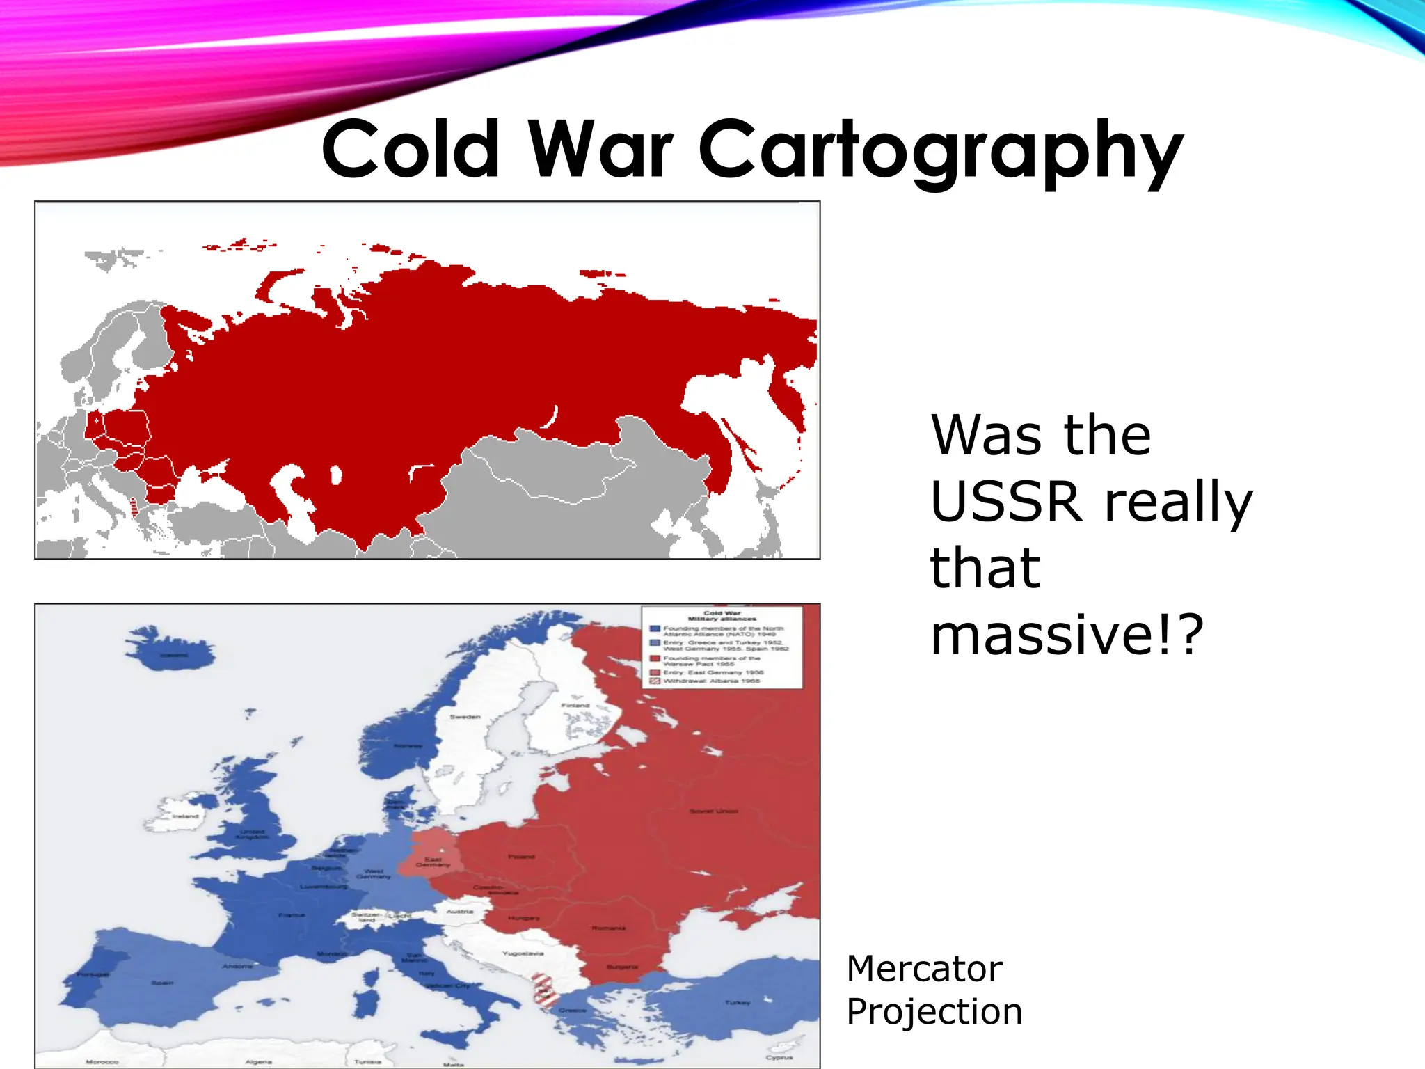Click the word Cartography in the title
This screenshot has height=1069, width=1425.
point(940,150)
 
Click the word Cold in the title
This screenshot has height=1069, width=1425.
point(411,150)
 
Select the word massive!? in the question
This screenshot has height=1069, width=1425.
point(1067,634)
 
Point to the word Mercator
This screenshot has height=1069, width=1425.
point(924,969)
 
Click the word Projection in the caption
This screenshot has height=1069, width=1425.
point(934,1012)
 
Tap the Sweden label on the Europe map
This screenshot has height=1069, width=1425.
point(465,716)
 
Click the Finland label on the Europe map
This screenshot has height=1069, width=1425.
point(575,705)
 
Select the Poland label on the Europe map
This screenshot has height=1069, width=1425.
point(521,857)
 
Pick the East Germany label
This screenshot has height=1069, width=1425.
point(433,862)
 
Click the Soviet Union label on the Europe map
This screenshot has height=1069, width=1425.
point(714,811)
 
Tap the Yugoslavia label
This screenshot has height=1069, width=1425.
point(523,953)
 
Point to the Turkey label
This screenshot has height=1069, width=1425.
point(738,1003)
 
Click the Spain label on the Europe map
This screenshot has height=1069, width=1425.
point(162,983)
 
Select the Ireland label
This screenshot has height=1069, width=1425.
point(185,816)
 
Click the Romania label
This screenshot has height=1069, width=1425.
point(608,928)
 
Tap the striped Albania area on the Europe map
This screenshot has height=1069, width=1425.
point(544,991)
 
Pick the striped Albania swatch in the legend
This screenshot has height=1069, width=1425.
point(655,681)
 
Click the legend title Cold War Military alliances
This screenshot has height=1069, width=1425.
point(722,616)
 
